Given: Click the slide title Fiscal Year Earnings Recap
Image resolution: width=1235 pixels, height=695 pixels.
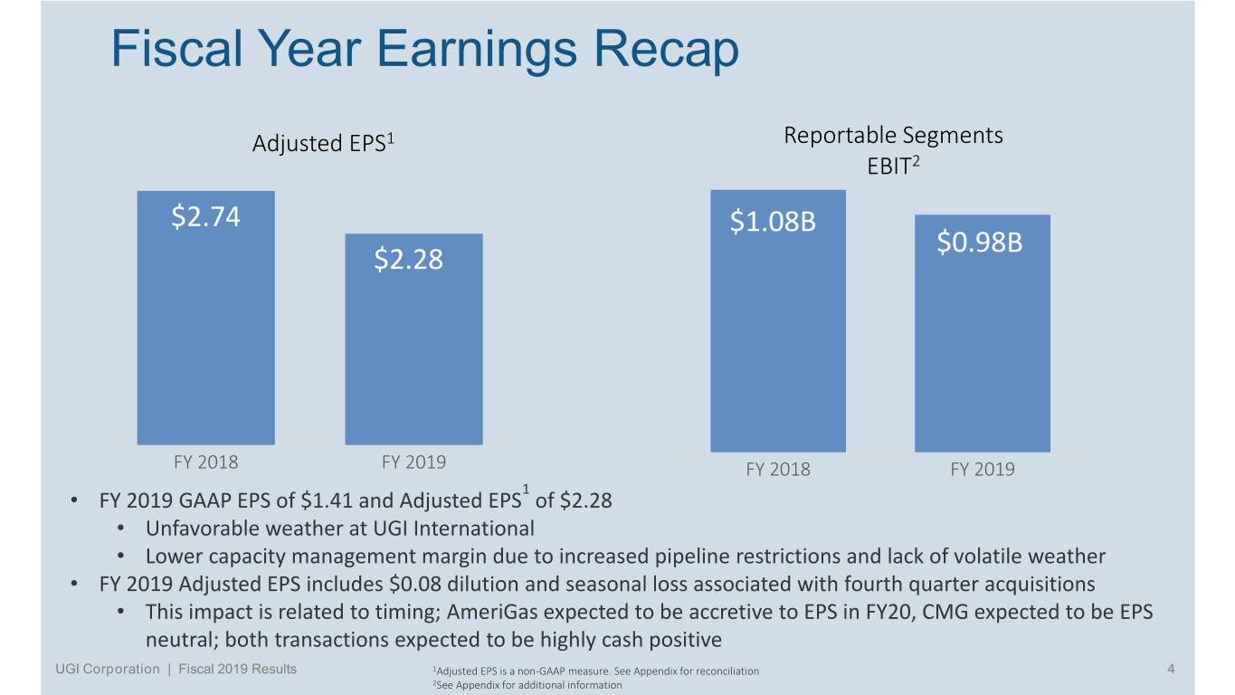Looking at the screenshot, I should click(x=424, y=49).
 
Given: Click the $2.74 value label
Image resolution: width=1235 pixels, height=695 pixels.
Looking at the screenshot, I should click(x=205, y=218).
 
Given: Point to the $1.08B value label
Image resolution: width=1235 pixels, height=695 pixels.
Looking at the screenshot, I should click(x=773, y=223).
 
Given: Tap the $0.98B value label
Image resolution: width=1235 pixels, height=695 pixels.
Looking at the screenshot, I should click(x=979, y=243).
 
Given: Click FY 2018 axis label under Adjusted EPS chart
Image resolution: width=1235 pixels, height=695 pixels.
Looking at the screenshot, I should click(x=205, y=462).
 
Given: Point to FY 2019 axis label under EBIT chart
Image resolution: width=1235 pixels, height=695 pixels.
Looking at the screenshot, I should click(x=982, y=470).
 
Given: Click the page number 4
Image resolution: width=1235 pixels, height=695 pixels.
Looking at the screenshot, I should click(x=1171, y=670).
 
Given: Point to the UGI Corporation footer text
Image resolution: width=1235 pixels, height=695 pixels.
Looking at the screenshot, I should click(x=105, y=670).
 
